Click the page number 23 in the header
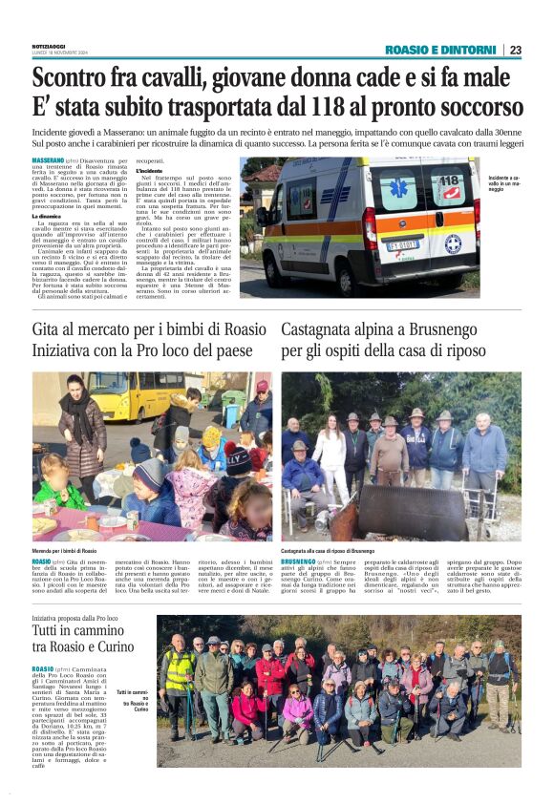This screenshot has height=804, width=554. click(x=516, y=50)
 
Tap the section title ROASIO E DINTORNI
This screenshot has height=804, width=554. click(x=441, y=50)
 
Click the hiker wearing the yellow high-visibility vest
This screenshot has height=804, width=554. click(x=180, y=677)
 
